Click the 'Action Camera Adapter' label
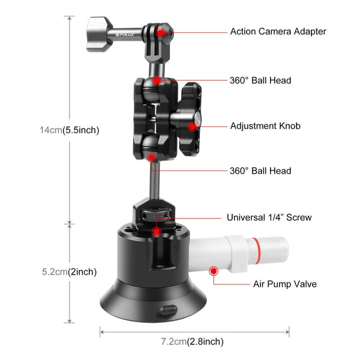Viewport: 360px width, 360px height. [278, 31]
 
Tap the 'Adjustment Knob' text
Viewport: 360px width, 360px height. [265, 126]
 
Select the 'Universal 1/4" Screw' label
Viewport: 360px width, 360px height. [269, 218]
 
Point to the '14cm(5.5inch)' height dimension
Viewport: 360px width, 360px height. [69, 130]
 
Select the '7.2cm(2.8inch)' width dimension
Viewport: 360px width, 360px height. [192, 341]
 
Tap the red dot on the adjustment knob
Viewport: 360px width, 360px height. [192, 126]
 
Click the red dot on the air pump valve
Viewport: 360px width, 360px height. [212, 271]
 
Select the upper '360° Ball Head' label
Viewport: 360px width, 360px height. [260, 80]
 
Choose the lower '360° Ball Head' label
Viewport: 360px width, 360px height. [260, 171]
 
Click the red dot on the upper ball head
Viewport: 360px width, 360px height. [156, 80]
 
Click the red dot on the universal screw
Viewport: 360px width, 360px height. [156, 231]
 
